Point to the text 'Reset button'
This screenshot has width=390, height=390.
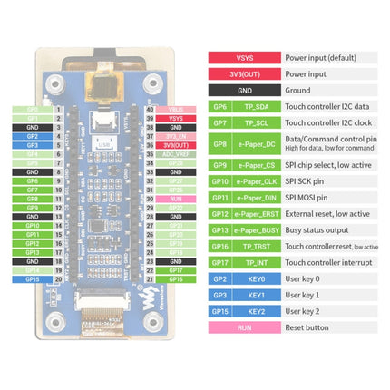tap(307, 327)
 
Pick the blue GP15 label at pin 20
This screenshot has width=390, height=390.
tap(33, 279)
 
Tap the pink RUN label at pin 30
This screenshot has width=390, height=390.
tap(176, 198)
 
